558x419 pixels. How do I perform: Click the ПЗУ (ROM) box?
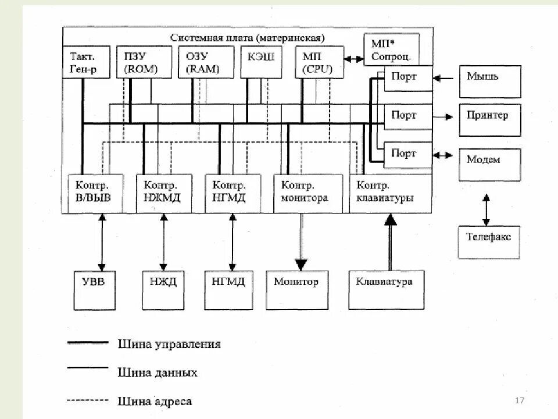click(144, 63)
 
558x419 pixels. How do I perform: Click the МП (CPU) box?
click(319, 63)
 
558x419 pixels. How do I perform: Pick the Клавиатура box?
click(386, 289)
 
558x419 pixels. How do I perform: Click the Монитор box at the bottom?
click(296, 289)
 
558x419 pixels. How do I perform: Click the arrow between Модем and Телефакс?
click(486, 210)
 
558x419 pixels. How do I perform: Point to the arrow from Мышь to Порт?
click(445, 77)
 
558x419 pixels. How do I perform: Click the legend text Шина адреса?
click(155, 401)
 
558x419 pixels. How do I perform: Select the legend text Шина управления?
click(169, 344)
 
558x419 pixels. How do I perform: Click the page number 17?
click(520, 401)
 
